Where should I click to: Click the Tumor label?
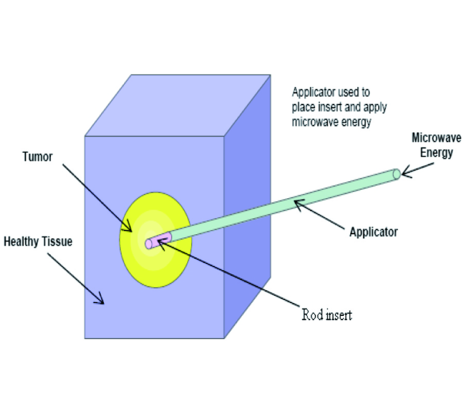pos(37,157)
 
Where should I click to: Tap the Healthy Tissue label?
pos(38,241)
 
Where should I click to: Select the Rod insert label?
pos(327,314)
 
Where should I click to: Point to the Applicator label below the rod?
pos(373,232)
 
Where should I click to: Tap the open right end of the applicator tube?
pos(396,174)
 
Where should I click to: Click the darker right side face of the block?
pos(247,206)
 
